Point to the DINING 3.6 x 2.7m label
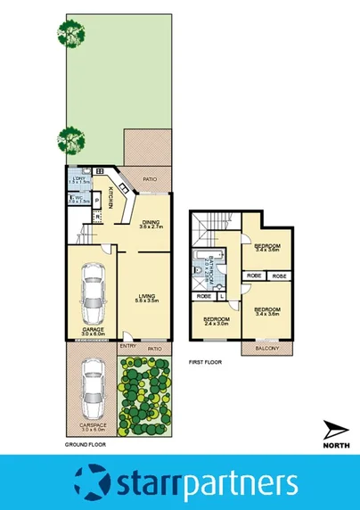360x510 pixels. point(149,226)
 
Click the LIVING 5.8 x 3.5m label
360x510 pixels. point(146,301)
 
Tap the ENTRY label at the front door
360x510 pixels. point(127,348)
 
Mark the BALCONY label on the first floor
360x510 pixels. point(267,349)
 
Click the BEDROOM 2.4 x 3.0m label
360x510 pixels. point(217,322)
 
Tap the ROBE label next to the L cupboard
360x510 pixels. point(203,296)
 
